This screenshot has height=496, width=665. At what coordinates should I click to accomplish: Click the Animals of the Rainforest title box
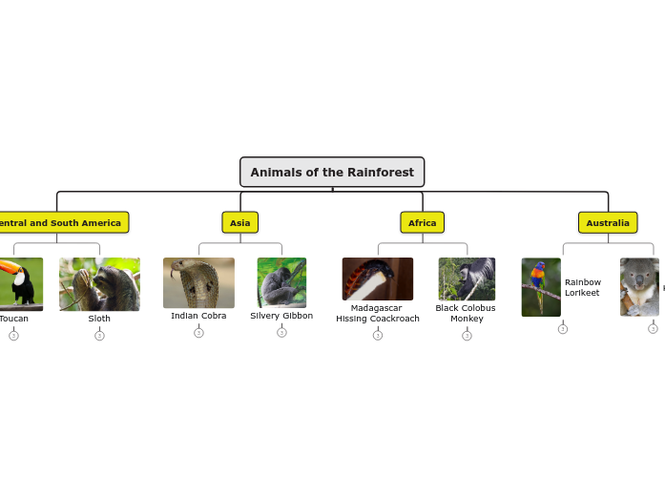coord(332,173)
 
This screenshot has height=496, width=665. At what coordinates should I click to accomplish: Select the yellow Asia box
coord(240,222)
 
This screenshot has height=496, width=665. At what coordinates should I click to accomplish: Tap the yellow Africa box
coord(422,222)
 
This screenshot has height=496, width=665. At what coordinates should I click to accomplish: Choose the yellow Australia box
coord(608,222)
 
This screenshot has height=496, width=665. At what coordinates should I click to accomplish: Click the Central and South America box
coord(59,222)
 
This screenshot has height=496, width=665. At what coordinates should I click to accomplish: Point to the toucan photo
coord(19,283)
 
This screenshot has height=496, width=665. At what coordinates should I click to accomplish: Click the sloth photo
coord(99,283)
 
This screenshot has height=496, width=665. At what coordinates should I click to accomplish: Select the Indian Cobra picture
coord(198,282)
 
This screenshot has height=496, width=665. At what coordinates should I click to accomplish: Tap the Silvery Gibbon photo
coord(281,282)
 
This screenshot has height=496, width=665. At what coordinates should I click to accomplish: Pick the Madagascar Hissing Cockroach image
coord(378,279)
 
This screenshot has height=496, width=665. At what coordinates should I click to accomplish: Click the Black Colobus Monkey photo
coord(467,279)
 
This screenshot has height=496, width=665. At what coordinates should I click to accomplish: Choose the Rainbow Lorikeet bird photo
coord(541,287)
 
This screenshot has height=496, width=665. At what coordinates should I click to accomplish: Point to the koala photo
coord(639,286)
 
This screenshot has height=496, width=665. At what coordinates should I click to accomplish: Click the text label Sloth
coord(99,319)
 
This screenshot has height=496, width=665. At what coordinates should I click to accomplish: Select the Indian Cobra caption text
coord(198,316)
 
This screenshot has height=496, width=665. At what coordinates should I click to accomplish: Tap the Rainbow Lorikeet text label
coord(583,287)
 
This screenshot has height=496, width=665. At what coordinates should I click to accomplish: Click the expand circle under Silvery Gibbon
coord(281,332)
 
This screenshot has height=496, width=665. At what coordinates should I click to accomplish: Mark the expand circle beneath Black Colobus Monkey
coord(467,335)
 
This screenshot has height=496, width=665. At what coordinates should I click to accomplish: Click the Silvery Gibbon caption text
coord(281,316)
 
